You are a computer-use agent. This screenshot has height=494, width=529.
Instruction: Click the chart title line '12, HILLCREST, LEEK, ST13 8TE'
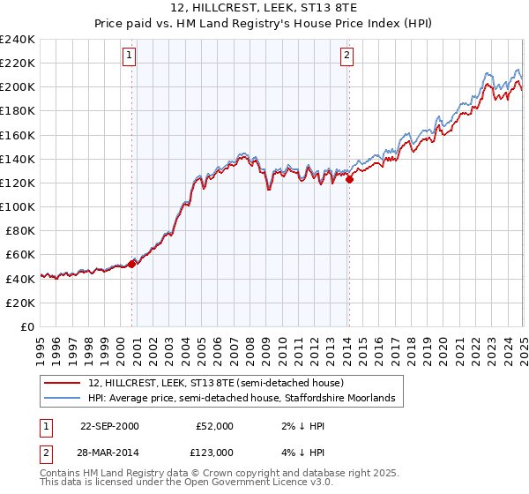264,9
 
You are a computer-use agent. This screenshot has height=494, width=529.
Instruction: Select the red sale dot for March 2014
349,179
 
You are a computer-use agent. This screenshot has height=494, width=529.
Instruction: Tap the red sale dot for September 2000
132,263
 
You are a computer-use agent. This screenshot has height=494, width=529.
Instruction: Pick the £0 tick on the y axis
27,326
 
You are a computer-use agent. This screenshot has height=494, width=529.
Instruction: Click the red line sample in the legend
63,384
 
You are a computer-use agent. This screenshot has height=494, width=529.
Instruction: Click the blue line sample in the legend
63,400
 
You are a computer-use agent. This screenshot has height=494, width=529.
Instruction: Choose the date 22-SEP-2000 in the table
109,426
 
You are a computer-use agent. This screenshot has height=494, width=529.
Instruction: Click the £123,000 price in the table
213,452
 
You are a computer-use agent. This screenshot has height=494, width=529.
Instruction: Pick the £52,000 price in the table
213,426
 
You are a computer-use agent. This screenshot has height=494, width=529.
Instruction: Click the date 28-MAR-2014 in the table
109,452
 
